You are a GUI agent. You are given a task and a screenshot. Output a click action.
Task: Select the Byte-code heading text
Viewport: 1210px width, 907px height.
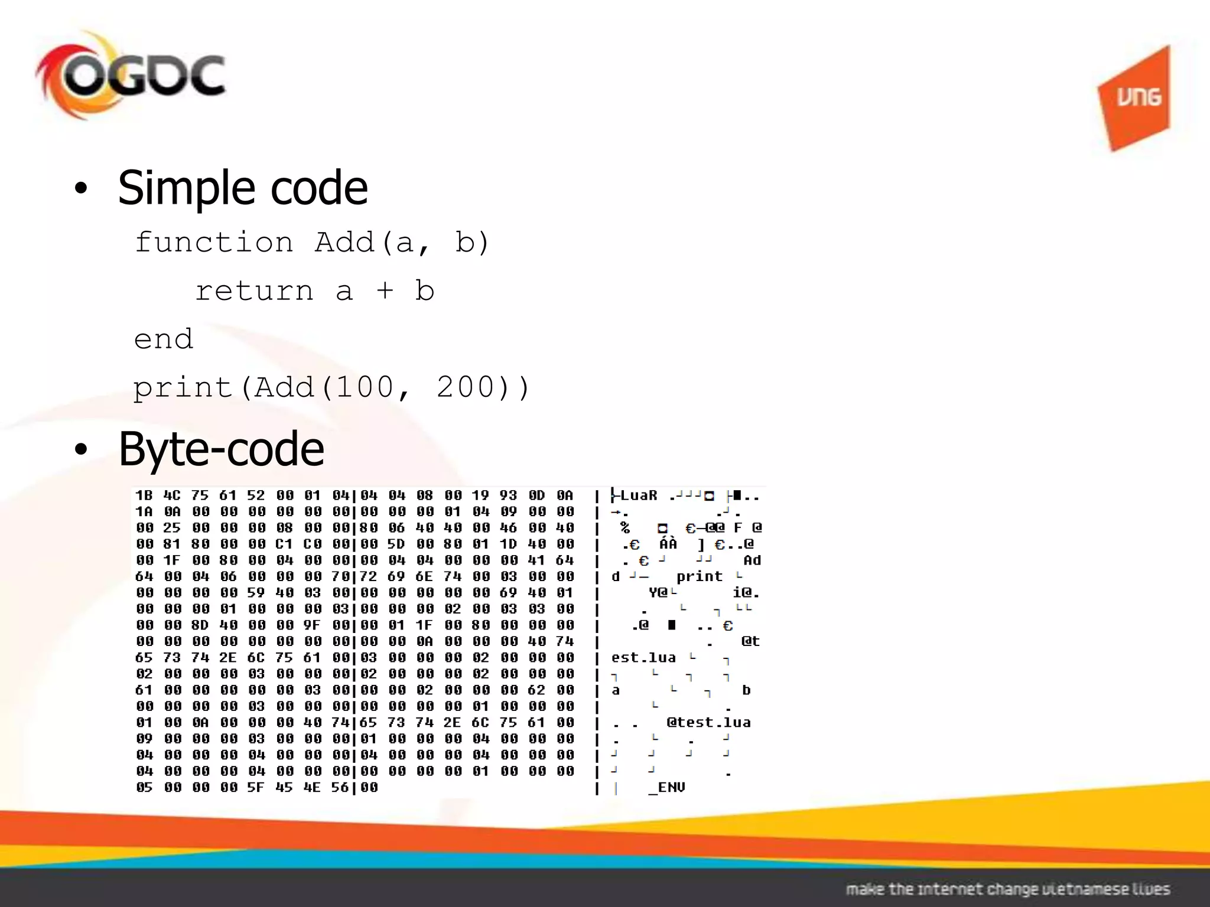click(x=221, y=449)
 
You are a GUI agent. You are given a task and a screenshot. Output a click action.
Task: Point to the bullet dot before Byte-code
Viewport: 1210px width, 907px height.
click(x=81, y=450)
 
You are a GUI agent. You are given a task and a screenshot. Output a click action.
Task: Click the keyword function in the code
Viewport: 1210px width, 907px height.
click(x=214, y=243)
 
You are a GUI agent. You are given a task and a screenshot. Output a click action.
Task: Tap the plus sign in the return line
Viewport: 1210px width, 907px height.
click(x=385, y=290)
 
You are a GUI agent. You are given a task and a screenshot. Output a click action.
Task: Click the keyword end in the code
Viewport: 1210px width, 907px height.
click(x=163, y=340)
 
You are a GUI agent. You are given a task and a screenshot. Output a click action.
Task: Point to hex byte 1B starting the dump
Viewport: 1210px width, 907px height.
click(x=144, y=495)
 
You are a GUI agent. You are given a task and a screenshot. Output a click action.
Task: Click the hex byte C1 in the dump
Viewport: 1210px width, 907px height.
click(x=284, y=544)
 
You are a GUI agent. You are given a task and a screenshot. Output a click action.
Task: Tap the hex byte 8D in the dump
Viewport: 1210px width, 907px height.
click(x=200, y=625)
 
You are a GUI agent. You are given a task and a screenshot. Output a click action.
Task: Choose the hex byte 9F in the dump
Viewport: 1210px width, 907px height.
click(x=312, y=625)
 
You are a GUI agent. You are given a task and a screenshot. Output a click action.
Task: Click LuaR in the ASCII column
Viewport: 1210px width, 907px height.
click(x=638, y=495)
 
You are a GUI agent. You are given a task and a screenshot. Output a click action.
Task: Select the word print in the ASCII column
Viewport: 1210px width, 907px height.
click(x=700, y=576)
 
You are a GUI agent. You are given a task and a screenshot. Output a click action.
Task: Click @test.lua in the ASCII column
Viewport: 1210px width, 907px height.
click(x=708, y=722)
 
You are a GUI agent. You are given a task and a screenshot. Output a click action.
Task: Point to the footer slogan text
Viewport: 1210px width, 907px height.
click(x=1007, y=889)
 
